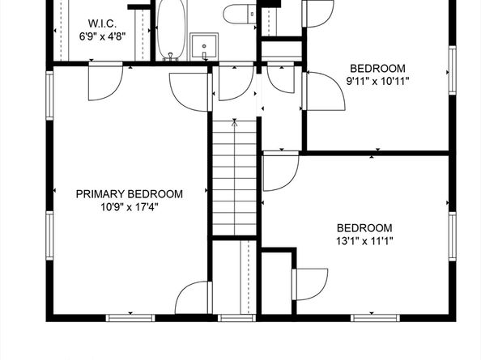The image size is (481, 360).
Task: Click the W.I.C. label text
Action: pos(101,23)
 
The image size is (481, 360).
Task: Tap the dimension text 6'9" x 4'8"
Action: pos(101,36)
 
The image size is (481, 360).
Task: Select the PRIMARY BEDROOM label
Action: pos(130,194)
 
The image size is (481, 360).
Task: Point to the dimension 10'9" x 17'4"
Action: pos(130,207)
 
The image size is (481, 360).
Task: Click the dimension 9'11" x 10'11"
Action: pos(377,81)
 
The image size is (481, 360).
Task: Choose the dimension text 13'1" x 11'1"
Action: pos(364,240)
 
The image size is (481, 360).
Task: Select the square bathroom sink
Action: pos(202,44)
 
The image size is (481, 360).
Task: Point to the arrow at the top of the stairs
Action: pos(234,123)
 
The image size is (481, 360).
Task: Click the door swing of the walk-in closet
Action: pos(106,81)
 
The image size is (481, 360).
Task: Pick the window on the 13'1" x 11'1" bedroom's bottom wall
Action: pos(375,317)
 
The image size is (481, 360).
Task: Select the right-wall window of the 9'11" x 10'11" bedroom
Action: pos(452,71)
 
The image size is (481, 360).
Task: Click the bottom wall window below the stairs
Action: pos(235,317)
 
